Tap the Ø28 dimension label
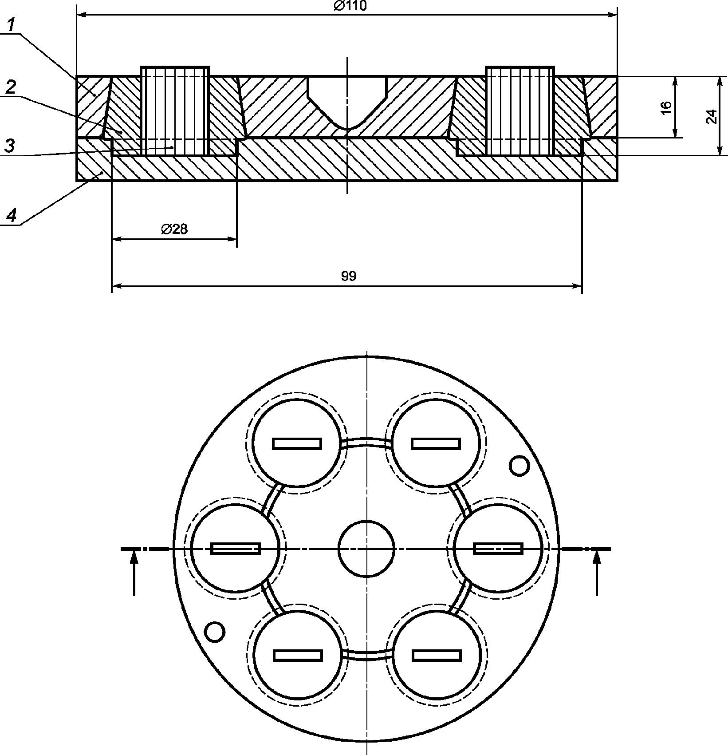(174, 229)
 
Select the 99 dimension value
(349, 276)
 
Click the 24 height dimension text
(711, 116)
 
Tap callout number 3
(10, 145)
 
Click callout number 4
(11, 216)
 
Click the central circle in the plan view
(366, 549)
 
